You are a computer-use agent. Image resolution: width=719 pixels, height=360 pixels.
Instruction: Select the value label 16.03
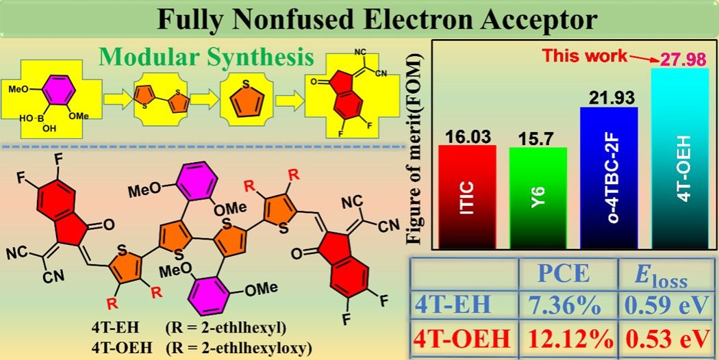(468, 135)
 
